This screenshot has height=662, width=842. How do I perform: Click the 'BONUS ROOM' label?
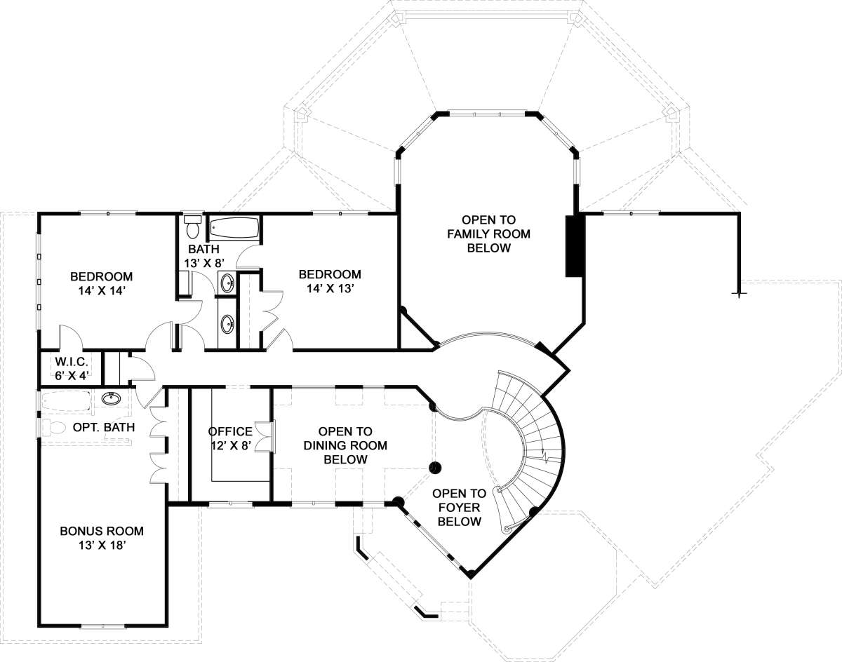[x=102, y=531]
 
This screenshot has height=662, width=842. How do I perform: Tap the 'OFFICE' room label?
[x=230, y=431]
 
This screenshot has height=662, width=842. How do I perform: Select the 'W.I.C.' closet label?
[x=72, y=361]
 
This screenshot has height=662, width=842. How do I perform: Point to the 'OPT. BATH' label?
[x=104, y=427]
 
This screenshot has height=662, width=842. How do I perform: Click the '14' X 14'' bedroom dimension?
[x=101, y=290]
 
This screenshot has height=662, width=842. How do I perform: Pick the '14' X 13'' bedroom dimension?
[x=330, y=288]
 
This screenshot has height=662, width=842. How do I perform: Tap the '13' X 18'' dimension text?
[x=102, y=545]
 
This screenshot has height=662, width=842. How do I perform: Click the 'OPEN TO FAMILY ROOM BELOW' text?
[x=488, y=234]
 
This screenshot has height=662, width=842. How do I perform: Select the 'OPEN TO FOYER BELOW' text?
[x=460, y=508]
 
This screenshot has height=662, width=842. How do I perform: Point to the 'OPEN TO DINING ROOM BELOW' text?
[x=345, y=445]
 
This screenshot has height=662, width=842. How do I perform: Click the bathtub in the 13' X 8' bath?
[x=234, y=228]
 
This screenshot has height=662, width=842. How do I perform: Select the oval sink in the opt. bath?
[x=112, y=398]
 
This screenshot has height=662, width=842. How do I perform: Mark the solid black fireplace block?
[x=575, y=246]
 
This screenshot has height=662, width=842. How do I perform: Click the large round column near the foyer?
[x=435, y=467]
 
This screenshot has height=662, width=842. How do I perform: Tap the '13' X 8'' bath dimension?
[x=204, y=263]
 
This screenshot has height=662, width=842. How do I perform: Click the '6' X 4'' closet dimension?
[x=72, y=375]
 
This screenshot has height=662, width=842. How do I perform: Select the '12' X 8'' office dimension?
[x=231, y=445]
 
